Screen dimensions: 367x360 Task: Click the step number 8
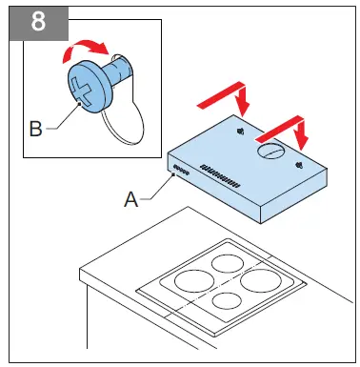click(39, 22)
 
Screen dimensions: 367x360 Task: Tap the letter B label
click(35, 128)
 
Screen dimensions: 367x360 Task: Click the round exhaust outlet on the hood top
click(271, 151)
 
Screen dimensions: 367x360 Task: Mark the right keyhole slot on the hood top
click(301, 164)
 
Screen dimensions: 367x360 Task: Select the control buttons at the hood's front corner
click(180, 173)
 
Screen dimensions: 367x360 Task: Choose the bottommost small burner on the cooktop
click(226, 302)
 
